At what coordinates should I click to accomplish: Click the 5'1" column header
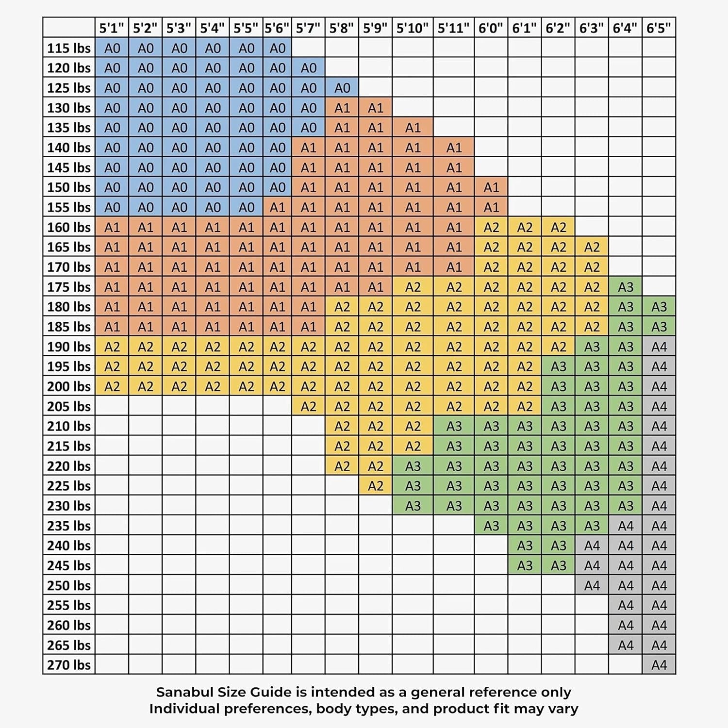[112, 28]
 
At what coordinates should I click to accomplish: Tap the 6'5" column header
[659, 28]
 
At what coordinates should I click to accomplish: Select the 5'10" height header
[413, 28]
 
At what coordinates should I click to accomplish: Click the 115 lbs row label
[69, 48]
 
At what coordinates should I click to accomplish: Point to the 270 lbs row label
[69, 664]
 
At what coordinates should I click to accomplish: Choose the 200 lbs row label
[69, 386]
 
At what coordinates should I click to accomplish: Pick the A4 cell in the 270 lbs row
[659, 664]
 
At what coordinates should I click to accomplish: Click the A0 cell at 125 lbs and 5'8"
[342, 88]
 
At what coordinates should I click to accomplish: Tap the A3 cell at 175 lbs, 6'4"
[626, 287]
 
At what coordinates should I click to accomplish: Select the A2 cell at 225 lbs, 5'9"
[376, 486]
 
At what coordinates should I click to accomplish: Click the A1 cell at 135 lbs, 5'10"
[413, 128]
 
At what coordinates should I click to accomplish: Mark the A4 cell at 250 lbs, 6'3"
[592, 585]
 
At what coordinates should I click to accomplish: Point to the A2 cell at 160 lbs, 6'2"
[558, 227]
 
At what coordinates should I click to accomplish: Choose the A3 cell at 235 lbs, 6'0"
[491, 526]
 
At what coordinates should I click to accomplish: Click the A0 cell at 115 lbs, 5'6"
[277, 48]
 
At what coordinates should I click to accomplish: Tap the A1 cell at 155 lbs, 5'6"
[277, 207]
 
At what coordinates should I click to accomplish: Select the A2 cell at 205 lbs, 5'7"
[308, 406]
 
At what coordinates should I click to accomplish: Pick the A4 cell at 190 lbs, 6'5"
[659, 347]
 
